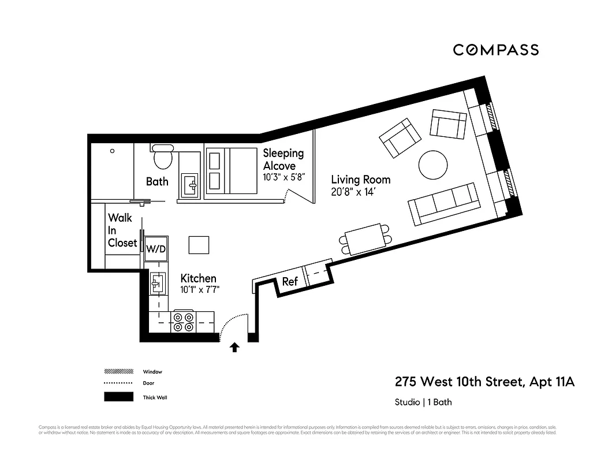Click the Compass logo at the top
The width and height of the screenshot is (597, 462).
tap(495, 50)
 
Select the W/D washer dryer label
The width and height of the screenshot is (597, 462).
tap(156, 249)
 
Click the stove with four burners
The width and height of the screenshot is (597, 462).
tap(184, 322)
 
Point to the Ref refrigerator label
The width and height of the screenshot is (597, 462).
tap(290, 282)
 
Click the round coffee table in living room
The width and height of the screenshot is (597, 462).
tap(432, 165)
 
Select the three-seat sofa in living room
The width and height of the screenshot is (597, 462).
tap(443, 204)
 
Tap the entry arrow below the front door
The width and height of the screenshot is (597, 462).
tap(235, 347)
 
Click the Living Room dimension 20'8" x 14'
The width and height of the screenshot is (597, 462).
tap(353, 192)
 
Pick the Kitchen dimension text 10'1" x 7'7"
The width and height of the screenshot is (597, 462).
tap(200, 290)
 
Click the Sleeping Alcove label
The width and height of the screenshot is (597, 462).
tap(283, 159)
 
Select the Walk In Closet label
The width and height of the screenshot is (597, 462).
tap(122, 230)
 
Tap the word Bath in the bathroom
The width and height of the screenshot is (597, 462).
tap(157, 181)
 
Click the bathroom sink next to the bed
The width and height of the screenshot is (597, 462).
tap(189, 185)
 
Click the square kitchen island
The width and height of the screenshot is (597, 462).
tap(199, 245)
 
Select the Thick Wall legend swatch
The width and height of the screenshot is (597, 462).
tap(118, 397)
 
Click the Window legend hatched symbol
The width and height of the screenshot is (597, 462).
tap(118, 371)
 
